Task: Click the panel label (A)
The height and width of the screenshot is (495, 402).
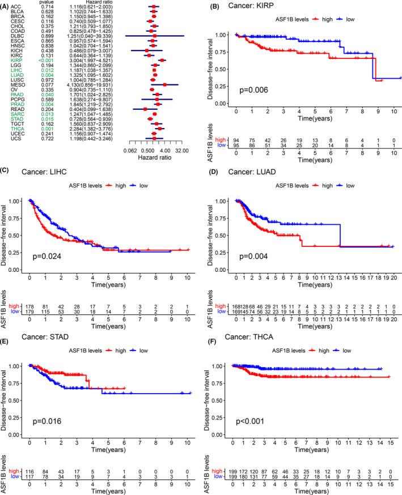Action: [x=7, y=5]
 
